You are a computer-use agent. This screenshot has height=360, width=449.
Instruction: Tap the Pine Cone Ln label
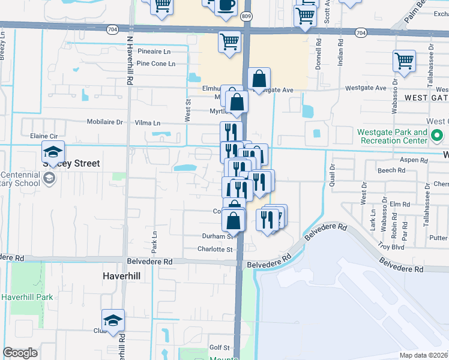pos(155,64)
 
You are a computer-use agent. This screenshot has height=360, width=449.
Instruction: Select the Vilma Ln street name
pos(148,123)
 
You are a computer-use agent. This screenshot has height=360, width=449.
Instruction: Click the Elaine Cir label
pos(43,136)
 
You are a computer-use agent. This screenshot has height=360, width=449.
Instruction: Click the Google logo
pos(20,353)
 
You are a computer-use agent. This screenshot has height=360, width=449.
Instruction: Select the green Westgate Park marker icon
pos(434,140)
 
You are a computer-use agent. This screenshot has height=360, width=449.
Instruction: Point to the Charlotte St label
pos(215,249)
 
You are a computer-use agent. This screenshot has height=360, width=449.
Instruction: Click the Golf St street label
pos(219,347)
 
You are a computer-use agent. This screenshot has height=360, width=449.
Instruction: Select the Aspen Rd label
pos(415,161)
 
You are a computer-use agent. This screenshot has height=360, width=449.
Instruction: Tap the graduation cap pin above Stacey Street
pos(53,152)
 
